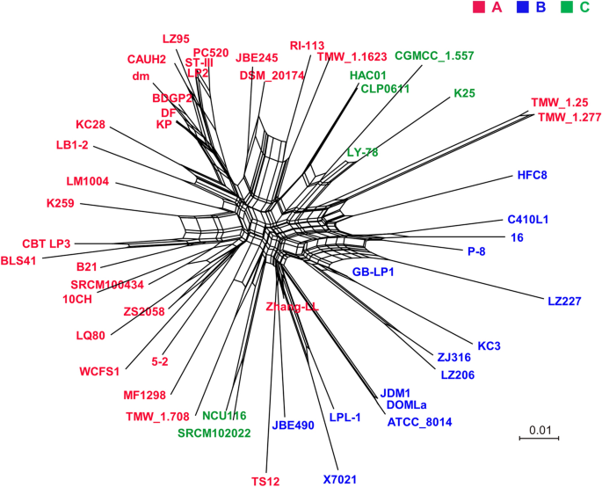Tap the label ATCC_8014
419,422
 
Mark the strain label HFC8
533,176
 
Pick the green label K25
464,93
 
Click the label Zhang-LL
291,307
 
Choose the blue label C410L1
527,220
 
